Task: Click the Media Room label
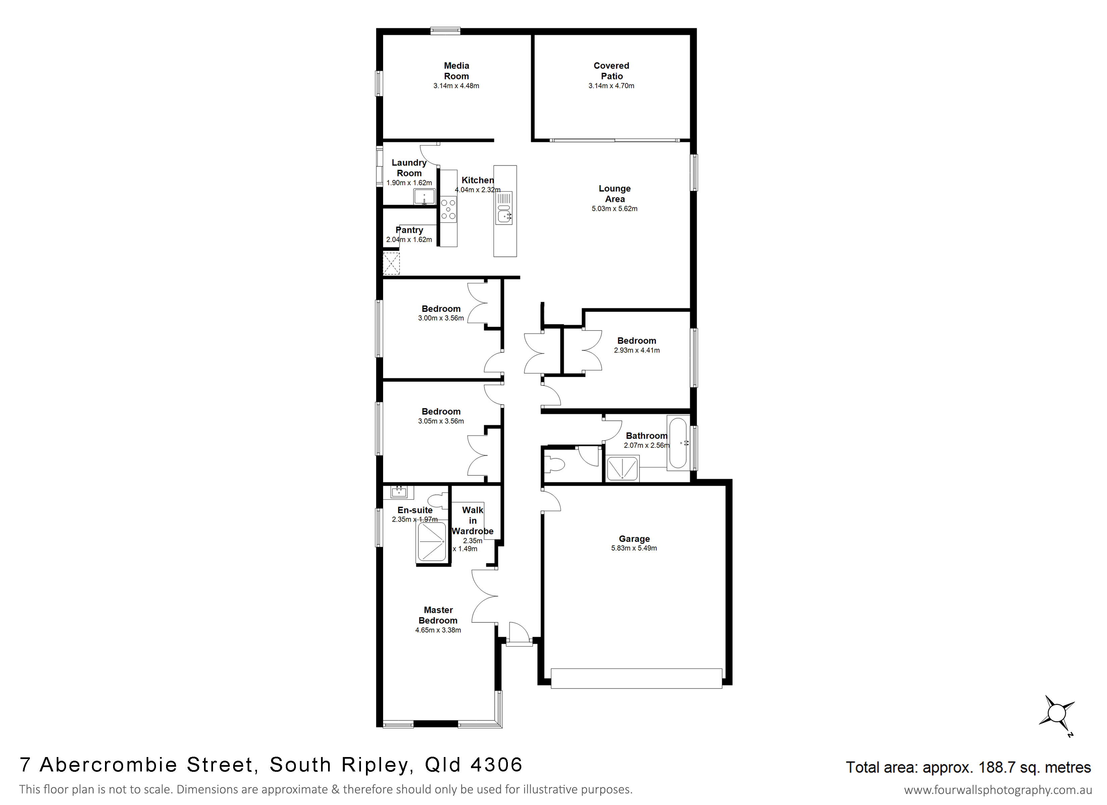click(x=456, y=71)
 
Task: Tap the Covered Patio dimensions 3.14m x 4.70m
click(x=611, y=86)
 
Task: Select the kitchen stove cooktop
click(x=449, y=209)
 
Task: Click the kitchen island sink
click(x=504, y=214)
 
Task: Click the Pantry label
click(x=409, y=230)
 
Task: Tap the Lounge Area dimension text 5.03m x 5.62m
click(x=615, y=208)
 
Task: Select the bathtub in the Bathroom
click(x=678, y=442)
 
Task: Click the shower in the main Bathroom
click(x=622, y=469)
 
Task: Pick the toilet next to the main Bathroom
click(x=554, y=464)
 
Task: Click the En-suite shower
click(x=431, y=542)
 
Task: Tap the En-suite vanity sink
click(x=399, y=492)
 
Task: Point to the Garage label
click(x=634, y=539)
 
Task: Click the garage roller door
click(x=636, y=679)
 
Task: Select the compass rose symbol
click(x=1056, y=714)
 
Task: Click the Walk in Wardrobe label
click(x=472, y=520)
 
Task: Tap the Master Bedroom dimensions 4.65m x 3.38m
click(x=438, y=630)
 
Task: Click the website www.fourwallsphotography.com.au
click(x=998, y=790)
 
